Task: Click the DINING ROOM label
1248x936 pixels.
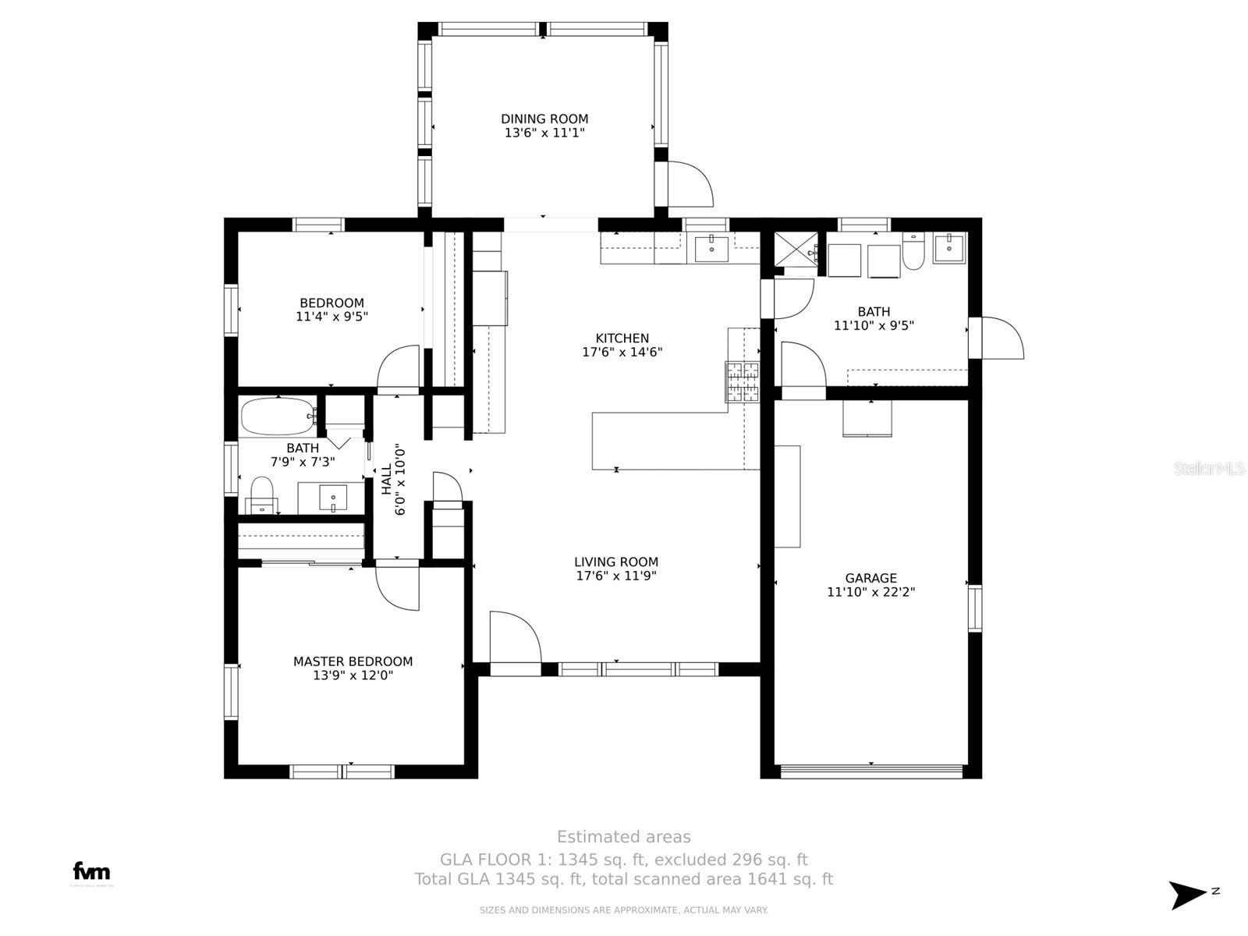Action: (x=544, y=119)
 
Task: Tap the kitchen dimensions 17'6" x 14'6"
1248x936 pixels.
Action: (x=622, y=353)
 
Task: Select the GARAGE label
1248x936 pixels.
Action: (x=870, y=578)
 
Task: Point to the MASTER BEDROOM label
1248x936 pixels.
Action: (x=353, y=661)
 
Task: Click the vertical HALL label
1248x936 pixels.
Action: (x=387, y=480)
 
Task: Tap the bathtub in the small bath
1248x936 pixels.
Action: (x=277, y=417)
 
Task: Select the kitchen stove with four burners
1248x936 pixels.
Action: (x=743, y=381)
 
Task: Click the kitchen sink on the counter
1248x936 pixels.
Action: (x=711, y=248)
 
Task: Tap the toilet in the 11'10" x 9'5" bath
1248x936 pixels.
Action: (x=913, y=252)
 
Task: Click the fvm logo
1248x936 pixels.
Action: (x=91, y=872)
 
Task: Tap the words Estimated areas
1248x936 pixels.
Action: (x=623, y=837)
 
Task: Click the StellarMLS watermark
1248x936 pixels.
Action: (x=1208, y=469)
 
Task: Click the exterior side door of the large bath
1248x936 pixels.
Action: (x=1001, y=339)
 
